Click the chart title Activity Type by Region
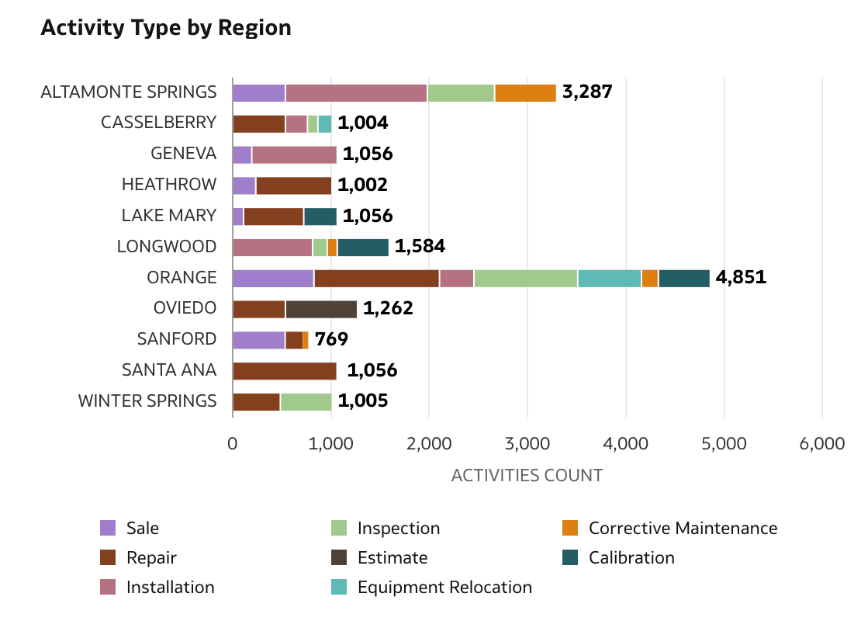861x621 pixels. [x=165, y=28]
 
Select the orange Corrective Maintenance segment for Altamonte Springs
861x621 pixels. [x=525, y=92]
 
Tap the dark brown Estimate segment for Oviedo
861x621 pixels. [x=321, y=309]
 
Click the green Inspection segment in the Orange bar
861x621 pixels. [x=525, y=278]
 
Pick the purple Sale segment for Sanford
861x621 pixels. [x=258, y=340]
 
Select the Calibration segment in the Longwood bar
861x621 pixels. [x=363, y=247]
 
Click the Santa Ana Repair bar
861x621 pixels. [x=285, y=371]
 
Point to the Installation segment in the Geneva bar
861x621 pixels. [x=294, y=154]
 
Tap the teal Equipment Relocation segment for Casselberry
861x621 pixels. [x=325, y=123]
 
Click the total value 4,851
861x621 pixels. [x=741, y=278]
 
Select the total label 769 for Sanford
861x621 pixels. [x=331, y=340]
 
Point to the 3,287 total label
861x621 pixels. [x=587, y=92]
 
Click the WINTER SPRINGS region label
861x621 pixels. [x=147, y=401]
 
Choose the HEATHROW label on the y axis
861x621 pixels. [x=168, y=185]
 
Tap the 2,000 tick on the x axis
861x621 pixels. [x=429, y=444]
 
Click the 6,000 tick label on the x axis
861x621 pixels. [x=821, y=444]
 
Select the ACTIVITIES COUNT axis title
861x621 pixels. [x=527, y=475]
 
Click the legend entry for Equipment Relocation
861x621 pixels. [x=444, y=588]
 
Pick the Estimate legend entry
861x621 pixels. [x=392, y=558]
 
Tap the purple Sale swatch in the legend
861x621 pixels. [x=108, y=529]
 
